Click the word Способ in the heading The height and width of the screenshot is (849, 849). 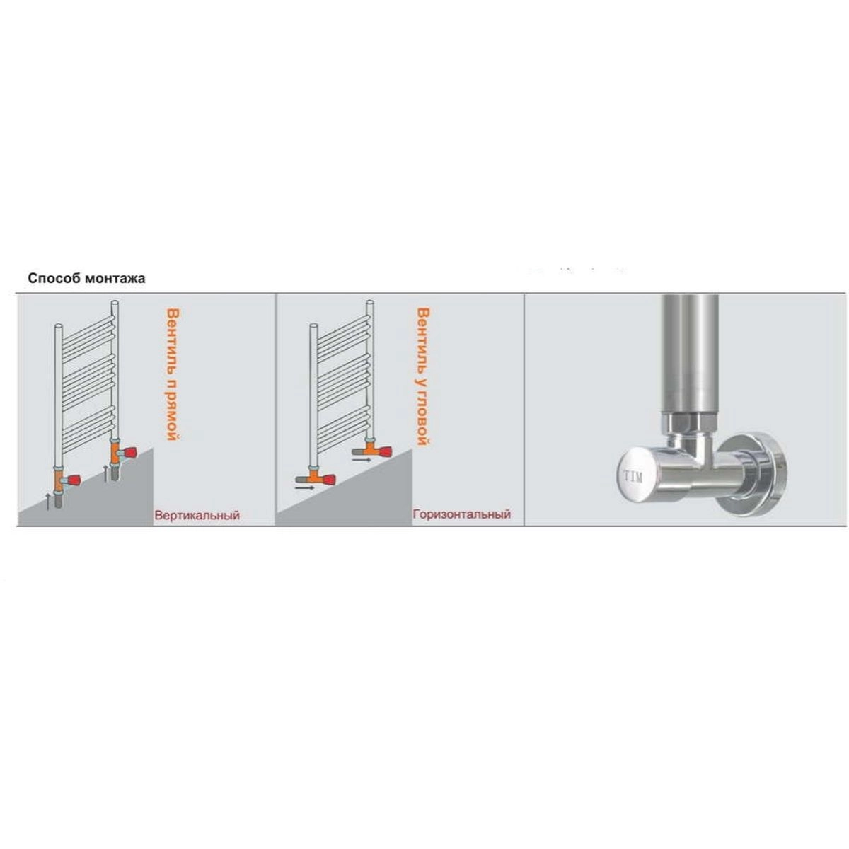coord(54,279)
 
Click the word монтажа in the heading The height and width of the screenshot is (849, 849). coord(115,279)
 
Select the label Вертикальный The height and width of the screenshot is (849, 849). coord(197,515)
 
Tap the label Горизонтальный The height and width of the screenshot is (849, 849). coord(462,514)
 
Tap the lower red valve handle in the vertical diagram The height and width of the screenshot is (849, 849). coord(73,480)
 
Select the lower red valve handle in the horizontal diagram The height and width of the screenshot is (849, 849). coord(326,478)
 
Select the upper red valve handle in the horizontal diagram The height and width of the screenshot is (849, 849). coord(383,451)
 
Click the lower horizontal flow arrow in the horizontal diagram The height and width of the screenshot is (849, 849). coord(304,487)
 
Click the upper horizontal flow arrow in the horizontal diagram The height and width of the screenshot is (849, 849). coord(362,460)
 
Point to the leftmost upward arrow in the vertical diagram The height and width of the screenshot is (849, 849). coord(48,502)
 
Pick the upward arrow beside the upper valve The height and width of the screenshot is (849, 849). coord(105,473)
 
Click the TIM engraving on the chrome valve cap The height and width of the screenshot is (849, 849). coord(633,477)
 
